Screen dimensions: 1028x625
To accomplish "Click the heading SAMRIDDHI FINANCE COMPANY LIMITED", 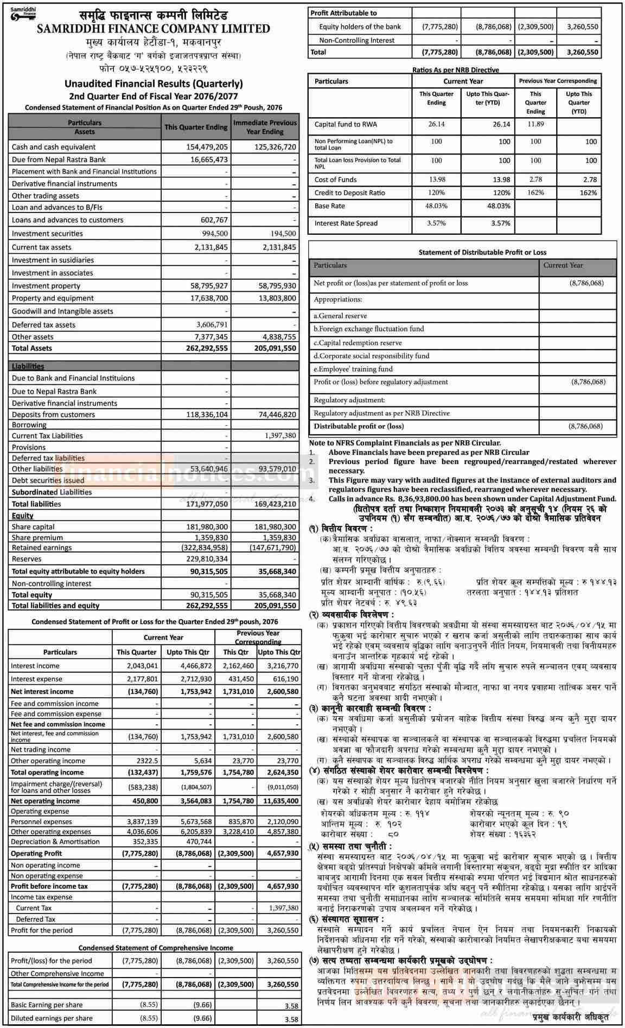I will click(154, 29).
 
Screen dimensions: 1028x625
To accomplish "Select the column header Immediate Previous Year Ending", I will click(265, 127).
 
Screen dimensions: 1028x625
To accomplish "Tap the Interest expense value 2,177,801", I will click(143, 679).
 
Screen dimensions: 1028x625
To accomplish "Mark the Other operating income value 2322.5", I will click(147, 761).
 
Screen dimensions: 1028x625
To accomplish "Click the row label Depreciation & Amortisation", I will click(55, 841).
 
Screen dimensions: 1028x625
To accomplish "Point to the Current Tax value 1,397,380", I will click(284, 908).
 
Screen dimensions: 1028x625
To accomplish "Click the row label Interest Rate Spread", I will click(346, 223).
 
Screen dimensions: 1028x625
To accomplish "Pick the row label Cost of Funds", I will click(335, 179).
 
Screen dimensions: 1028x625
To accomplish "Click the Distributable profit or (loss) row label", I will click(359, 426).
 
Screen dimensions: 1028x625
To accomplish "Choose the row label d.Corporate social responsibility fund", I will click(372, 356).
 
